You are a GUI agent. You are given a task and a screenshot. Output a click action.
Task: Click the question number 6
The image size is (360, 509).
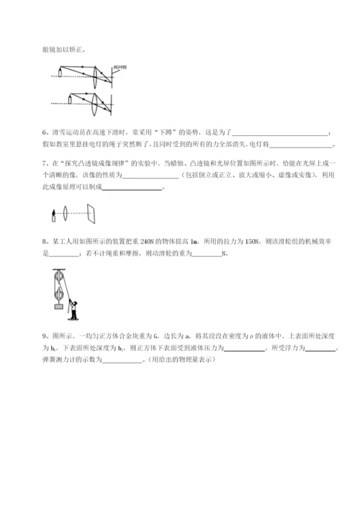(45, 132)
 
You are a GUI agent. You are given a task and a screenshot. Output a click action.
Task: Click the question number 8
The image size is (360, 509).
(45, 241)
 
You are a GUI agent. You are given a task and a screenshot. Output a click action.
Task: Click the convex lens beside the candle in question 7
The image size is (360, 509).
(66, 212)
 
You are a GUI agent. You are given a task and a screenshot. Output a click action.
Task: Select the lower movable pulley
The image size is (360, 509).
(55, 293)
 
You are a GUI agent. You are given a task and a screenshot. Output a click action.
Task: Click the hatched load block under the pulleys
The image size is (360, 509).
(55, 307)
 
